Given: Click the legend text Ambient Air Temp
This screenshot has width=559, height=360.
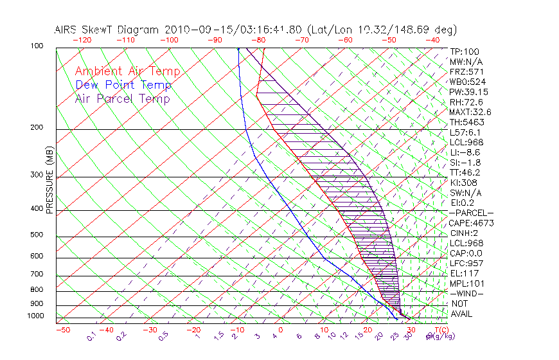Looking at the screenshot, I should [x=127, y=71].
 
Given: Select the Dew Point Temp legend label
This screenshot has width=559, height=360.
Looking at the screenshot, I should [x=123, y=85].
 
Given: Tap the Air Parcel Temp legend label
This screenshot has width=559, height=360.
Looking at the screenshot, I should [x=122, y=98].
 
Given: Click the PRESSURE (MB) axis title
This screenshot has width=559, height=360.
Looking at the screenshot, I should [x=49, y=181].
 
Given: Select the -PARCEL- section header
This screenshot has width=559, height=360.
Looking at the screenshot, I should [x=471, y=213].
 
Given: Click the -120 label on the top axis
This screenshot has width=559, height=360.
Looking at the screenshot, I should [x=81, y=39].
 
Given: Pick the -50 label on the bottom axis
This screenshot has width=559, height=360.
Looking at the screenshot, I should [x=63, y=330].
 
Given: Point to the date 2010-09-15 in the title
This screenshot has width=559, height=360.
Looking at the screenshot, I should [x=199, y=30].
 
